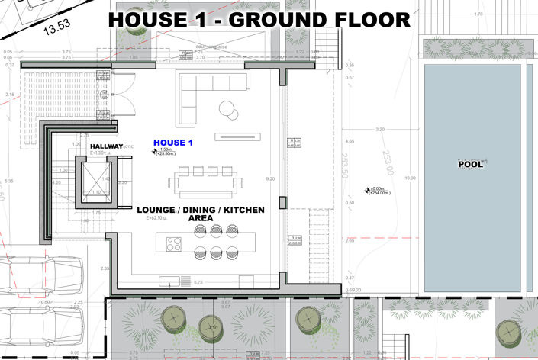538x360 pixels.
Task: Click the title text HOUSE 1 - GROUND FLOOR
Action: pos(259,19)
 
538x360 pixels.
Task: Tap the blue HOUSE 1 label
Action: pos(174,143)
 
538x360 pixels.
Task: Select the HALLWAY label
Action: pos(106,146)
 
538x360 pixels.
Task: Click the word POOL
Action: pos(470,164)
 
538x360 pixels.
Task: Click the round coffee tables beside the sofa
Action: pos(228,108)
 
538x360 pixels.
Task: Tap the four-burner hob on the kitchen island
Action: pos(174,245)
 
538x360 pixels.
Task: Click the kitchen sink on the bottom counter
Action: pos(166,282)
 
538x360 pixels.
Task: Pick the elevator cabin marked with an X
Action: pos(96,183)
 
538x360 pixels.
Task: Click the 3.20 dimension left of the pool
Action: pos(380,130)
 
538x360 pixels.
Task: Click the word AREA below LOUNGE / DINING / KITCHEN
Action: pos(200,218)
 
